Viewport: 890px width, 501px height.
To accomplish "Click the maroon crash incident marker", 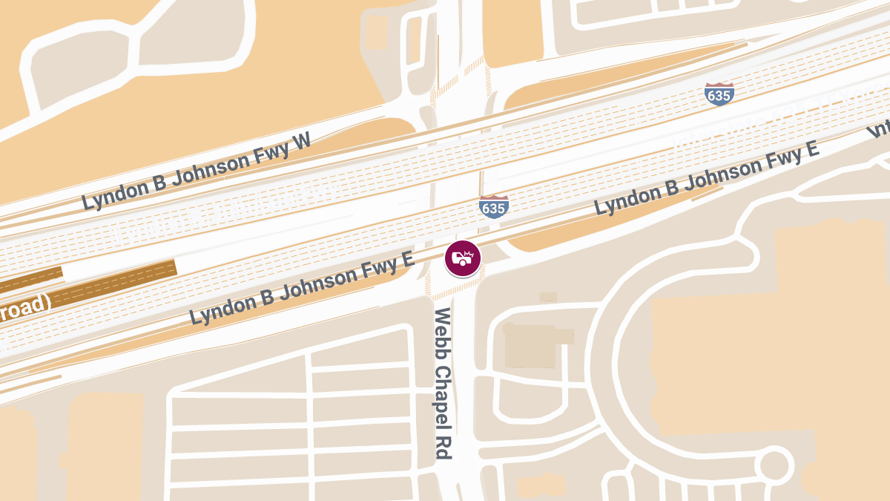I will pyautogui.click(x=463, y=259).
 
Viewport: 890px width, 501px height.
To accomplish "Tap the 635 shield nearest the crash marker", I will pyautogui.click(x=493, y=207).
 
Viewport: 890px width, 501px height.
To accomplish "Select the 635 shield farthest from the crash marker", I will pyautogui.click(x=719, y=94).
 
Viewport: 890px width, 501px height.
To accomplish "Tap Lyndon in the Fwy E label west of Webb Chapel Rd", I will pyautogui.click(x=222, y=307).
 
